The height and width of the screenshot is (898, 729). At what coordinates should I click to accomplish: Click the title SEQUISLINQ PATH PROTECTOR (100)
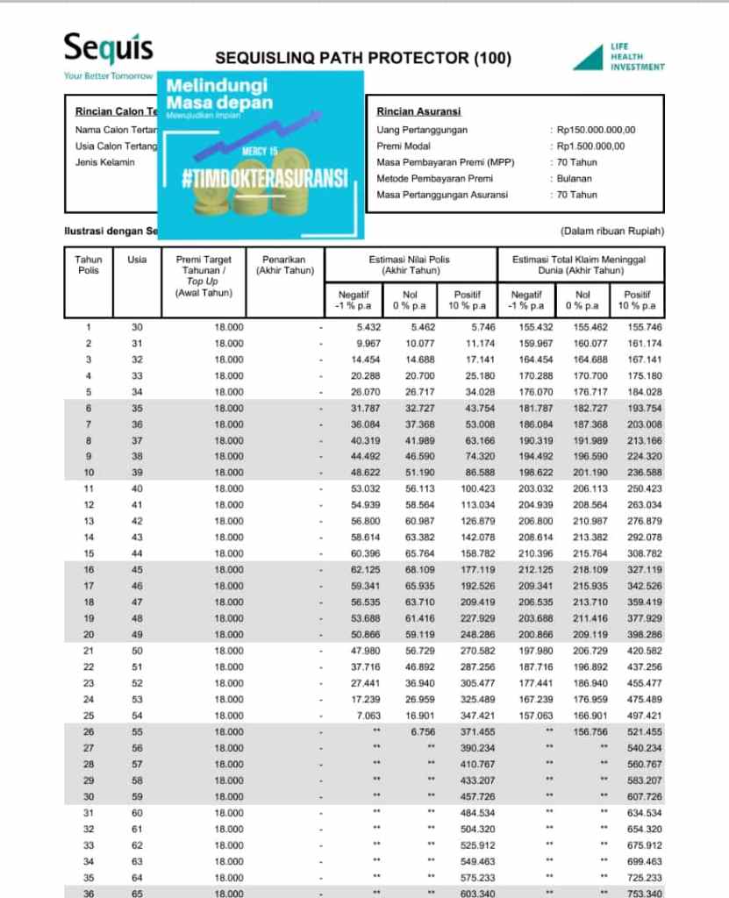click(x=362, y=60)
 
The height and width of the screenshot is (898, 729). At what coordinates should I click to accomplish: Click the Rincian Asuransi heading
click(x=418, y=111)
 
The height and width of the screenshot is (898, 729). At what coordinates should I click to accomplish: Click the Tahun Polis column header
click(x=89, y=265)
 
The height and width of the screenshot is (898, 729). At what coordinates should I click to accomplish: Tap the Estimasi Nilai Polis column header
click(x=412, y=265)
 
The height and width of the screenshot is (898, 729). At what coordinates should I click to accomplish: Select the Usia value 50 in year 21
click(x=137, y=650)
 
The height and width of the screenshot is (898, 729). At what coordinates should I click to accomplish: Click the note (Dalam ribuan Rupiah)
click(x=611, y=232)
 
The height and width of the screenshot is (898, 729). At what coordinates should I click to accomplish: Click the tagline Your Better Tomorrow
click(x=108, y=75)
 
